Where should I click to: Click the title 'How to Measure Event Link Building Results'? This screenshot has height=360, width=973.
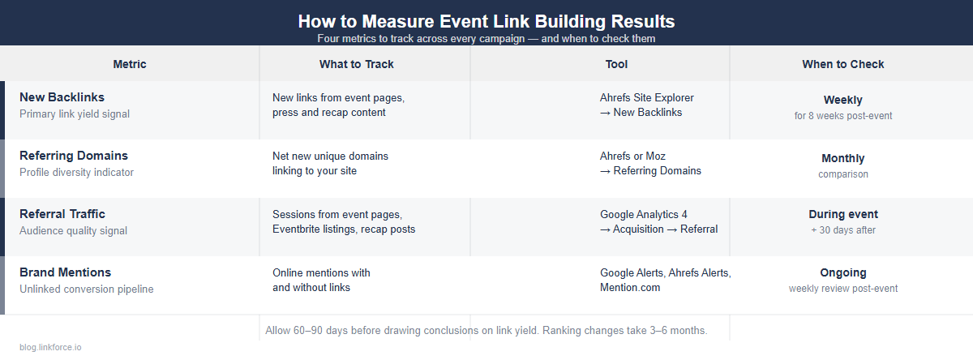pos(486,21)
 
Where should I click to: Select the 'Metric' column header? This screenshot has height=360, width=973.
pos(130,64)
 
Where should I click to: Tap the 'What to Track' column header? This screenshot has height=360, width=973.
pos(357,64)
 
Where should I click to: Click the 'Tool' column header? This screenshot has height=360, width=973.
pos(616,64)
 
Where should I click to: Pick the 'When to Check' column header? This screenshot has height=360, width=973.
pos(843,64)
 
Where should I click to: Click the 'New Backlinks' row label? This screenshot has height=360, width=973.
pos(62,97)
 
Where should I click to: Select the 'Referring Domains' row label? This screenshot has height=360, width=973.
pos(74,156)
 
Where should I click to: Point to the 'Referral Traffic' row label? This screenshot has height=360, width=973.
pos(62,214)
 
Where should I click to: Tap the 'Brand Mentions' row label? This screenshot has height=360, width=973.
pos(65,272)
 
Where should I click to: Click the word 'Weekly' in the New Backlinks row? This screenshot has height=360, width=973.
pos(843,100)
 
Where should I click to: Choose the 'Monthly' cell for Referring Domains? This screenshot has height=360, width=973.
pos(843,158)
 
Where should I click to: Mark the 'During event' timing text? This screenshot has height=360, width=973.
pos(843,215)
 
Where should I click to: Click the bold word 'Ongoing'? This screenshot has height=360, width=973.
pos(843,273)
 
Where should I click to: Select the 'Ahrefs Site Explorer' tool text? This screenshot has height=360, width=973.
pos(647,98)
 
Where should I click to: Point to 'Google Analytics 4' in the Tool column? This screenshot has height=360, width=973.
pos(644,215)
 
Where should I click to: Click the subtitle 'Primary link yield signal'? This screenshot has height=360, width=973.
pos(75,114)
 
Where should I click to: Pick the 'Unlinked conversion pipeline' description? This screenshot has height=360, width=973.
pos(86,289)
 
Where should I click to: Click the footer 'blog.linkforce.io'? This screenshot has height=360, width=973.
pos(50,347)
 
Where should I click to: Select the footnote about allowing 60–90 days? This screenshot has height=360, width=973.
pos(486,331)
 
